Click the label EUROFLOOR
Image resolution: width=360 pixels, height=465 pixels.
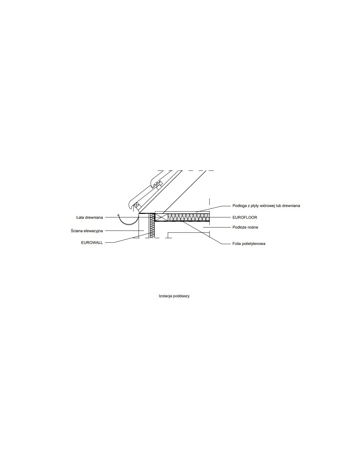(x=244, y=217)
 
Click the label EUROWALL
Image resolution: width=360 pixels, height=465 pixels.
(x=92, y=243)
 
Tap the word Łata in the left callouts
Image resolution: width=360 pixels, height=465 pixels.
(x=81, y=217)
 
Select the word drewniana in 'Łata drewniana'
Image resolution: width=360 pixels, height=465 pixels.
(x=94, y=217)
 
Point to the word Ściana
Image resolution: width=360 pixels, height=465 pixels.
(x=77, y=231)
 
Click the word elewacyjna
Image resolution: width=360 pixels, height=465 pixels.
(x=93, y=231)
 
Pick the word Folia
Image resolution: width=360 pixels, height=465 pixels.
(x=237, y=244)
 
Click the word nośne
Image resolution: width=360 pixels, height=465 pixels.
(x=253, y=227)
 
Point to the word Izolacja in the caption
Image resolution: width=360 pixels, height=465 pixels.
(x=165, y=296)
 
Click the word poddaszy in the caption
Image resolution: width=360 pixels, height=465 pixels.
(x=181, y=296)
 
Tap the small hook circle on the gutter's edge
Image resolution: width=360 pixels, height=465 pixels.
(x=118, y=215)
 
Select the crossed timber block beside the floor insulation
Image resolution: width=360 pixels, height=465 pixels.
(x=161, y=217)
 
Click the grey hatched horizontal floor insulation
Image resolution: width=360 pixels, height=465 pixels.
(x=189, y=217)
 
